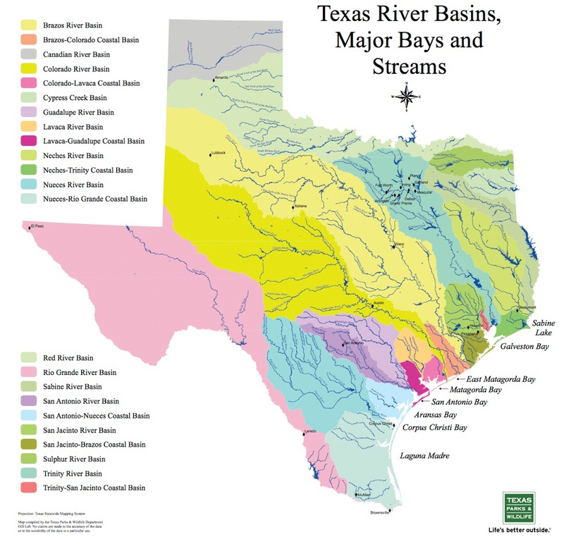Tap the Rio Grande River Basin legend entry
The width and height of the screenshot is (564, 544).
pyautogui.click(x=78, y=372)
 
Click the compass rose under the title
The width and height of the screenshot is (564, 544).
pyautogui.click(x=407, y=97)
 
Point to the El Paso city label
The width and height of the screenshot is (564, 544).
pyautogui.click(x=40, y=226)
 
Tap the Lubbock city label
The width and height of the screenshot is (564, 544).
pyautogui.click(x=219, y=152)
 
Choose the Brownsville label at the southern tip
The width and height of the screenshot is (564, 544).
pyautogui.click(x=379, y=513)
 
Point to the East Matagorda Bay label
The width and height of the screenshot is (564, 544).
pyautogui.click(x=496, y=378)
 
